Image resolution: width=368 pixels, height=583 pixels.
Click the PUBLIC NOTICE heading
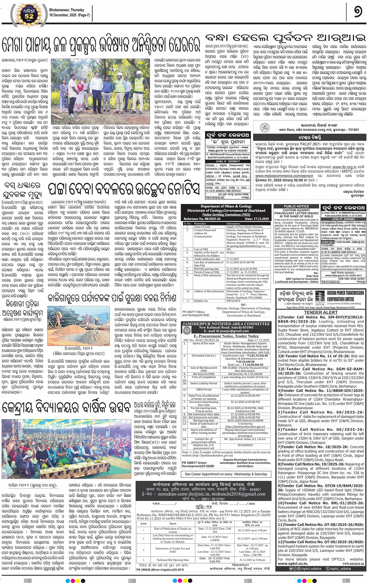pyautogui.click(x=296, y=206)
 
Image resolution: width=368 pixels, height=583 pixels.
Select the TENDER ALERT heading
pyautogui.click(x=320, y=312)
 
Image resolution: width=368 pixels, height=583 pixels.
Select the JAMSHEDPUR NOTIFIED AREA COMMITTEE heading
pyautogui.click(x=226, y=324)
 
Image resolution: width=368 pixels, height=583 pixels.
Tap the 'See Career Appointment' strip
pyautogui.click(x=226, y=474)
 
